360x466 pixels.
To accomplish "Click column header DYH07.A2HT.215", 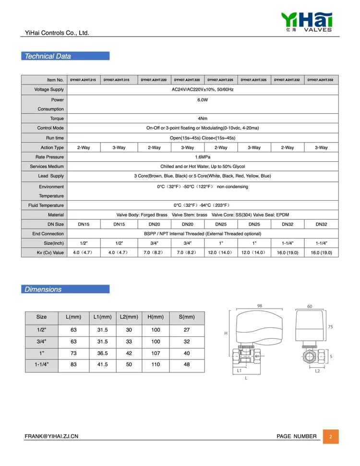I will [83, 80].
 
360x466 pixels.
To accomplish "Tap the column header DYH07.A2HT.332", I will [321, 80].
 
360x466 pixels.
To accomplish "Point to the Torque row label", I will [57, 119].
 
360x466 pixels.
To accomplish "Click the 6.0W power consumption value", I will [203, 100].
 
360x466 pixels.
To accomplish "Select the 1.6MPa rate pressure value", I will [203, 157].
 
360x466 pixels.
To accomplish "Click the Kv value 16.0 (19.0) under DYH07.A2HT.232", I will [287, 252].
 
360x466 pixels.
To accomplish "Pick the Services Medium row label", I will [49, 167].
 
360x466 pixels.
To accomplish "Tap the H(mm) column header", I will [156, 317].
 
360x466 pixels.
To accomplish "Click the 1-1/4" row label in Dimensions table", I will [42, 365].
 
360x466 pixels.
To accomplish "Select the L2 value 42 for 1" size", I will [129, 353].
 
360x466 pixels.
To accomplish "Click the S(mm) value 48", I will [187, 365].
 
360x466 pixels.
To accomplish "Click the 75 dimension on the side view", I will [330, 326].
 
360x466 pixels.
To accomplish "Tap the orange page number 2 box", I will [330, 436].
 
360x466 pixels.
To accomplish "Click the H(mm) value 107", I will [156, 353].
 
